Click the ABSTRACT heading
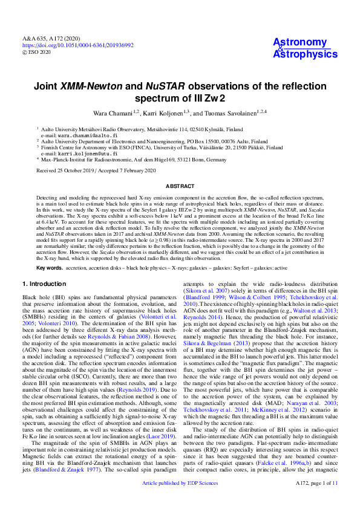pyautogui.click(x=180, y=186)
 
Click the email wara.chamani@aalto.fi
pyautogui.click(x=83, y=136)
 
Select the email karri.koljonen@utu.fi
pyautogui.click(x=84, y=154)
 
